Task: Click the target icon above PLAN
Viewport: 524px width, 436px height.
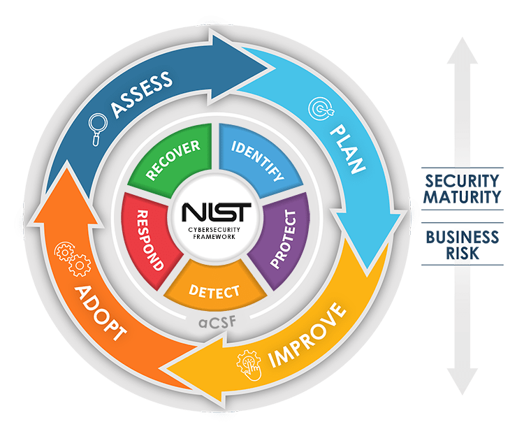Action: (318, 108)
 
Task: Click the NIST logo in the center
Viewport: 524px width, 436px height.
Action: (214, 212)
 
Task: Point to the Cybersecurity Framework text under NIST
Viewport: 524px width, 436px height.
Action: (214, 232)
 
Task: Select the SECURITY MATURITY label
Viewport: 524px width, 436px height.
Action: (463, 188)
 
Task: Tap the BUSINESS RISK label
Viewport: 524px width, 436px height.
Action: (463, 244)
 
